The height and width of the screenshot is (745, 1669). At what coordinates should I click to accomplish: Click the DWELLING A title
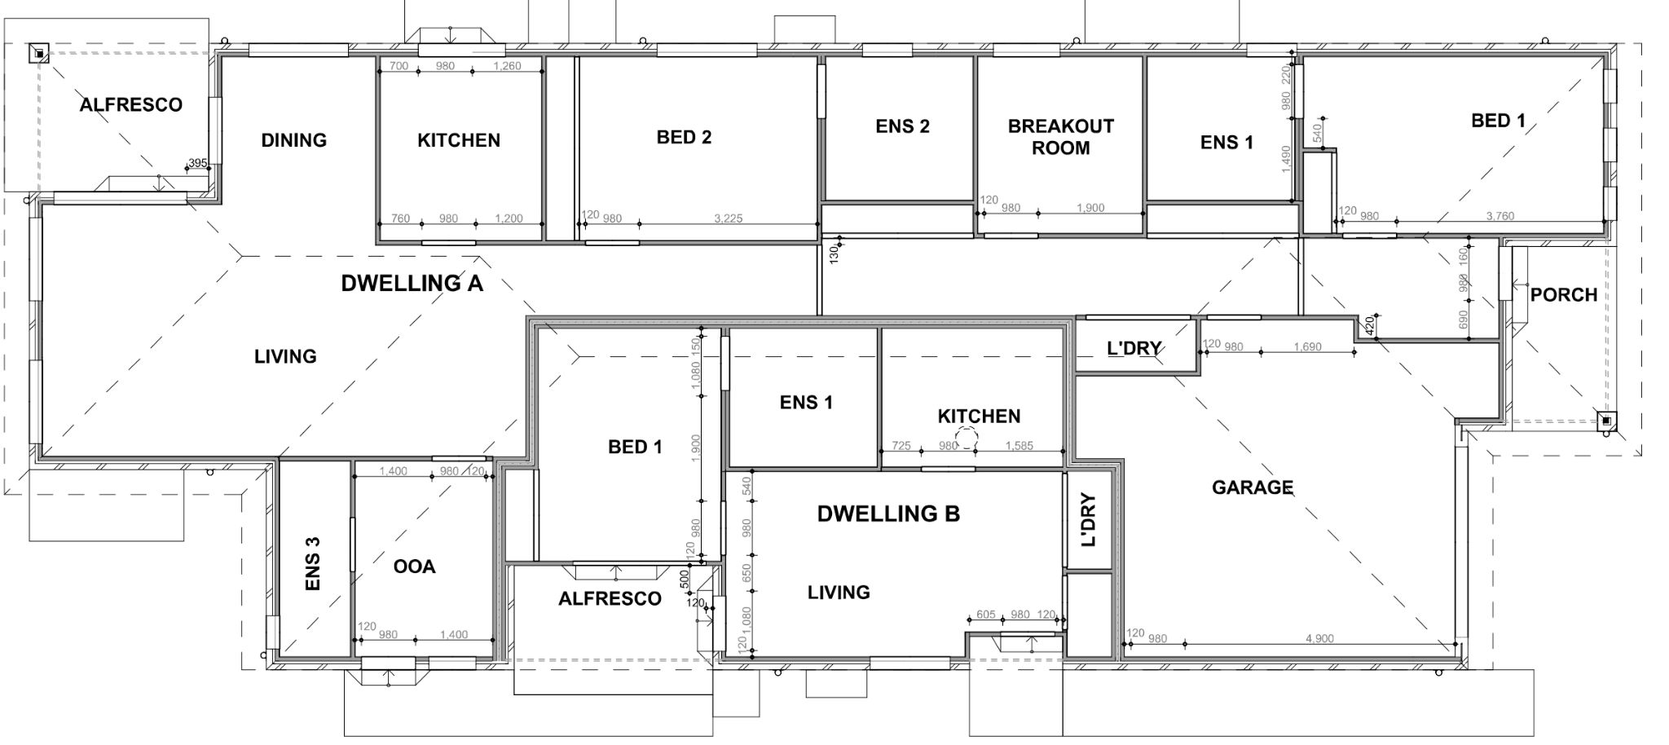(x=412, y=284)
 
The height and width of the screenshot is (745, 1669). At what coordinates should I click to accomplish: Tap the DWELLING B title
(x=888, y=514)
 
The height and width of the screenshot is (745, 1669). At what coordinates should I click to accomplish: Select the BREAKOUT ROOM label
(x=1060, y=137)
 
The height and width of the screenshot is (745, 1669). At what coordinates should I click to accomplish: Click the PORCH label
(x=1563, y=295)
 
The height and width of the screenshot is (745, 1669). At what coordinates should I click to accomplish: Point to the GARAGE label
(x=1252, y=487)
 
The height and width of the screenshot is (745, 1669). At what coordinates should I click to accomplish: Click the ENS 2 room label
(x=902, y=126)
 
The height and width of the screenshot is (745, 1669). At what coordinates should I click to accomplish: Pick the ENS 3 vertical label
(x=312, y=562)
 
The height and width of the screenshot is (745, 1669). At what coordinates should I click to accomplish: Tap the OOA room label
(x=414, y=566)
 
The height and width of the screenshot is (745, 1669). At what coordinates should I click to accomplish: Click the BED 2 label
(x=684, y=137)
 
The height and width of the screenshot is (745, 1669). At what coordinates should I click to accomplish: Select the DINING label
(x=293, y=140)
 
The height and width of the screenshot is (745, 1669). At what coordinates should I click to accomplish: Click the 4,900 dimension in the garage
(x=1319, y=638)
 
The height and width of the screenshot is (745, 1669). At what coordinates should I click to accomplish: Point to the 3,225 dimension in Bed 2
(x=728, y=218)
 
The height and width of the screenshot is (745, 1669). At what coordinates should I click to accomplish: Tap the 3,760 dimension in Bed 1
(x=1499, y=216)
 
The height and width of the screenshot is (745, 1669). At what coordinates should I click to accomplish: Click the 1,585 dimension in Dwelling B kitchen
(x=1019, y=446)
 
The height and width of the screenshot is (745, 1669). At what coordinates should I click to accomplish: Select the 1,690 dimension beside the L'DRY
(x=1307, y=346)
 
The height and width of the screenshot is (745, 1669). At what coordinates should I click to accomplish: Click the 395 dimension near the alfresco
(x=197, y=163)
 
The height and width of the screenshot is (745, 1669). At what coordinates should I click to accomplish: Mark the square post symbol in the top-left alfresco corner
(x=39, y=54)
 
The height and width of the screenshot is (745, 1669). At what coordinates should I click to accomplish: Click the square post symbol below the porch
(x=1605, y=421)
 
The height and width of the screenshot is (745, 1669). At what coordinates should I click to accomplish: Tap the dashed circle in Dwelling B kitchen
(x=967, y=439)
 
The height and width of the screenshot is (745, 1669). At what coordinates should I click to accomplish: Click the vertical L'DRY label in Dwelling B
(x=1089, y=519)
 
